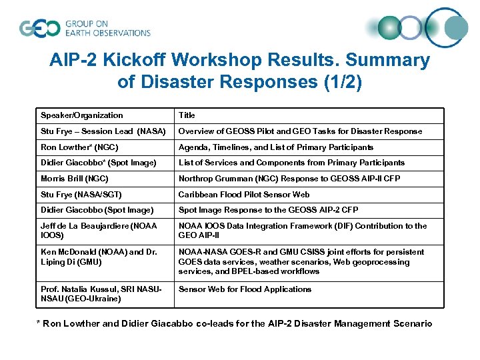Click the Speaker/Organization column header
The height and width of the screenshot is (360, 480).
click(82, 115)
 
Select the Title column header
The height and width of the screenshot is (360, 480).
click(187, 115)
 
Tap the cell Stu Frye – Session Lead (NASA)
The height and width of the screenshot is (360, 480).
click(103, 131)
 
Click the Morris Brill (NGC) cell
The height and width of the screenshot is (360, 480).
click(75, 179)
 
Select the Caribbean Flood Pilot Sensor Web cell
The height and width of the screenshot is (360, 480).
click(243, 194)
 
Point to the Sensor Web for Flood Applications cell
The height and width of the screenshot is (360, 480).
click(245, 289)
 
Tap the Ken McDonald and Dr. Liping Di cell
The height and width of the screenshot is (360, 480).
click(99, 257)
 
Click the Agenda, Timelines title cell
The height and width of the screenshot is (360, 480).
click(275, 147)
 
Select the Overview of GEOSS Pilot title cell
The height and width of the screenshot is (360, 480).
click(300, 131)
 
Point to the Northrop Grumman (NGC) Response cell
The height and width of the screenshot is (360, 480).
click(289, 179)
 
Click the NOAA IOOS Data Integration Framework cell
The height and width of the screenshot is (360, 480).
click(302, 230)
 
